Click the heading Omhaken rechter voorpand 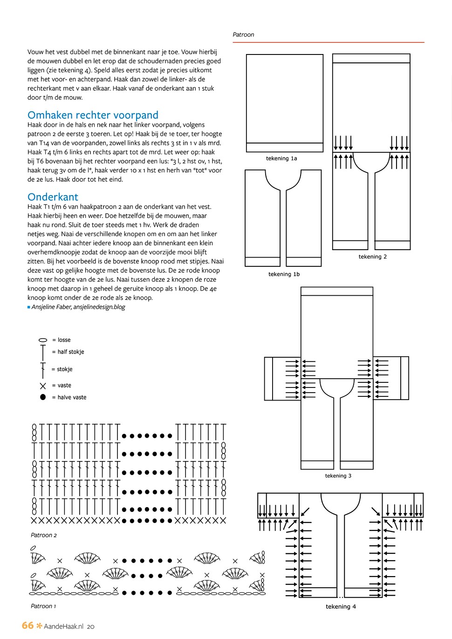click(93, 115)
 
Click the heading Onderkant click(53, 197)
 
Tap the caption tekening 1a click(281, 158)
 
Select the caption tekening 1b click(284, 274)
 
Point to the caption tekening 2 click(372, 257)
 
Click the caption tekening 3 click(338, 476)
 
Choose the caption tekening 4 click(341, 606)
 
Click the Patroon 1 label click(43, 606)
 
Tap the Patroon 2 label click(44, 535)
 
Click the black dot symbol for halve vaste click(43, 397)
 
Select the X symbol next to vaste click(43, 386)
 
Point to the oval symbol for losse click(43, 340)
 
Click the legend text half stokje click(71, 352)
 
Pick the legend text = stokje click(62, 369)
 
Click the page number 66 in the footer click(27, 625)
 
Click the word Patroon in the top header click(243, 34)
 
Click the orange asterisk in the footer click(39, 625)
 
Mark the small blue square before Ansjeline click(29, 307)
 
